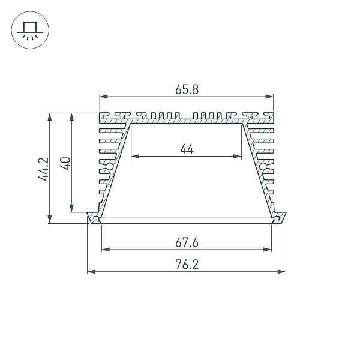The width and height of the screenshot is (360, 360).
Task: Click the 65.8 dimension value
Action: coord(187,89)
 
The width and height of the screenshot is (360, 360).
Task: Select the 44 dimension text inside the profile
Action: coord(187,149)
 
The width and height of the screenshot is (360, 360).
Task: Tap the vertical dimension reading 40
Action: coord(66,163)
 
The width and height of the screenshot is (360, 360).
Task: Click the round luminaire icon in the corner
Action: coord(28,30)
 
